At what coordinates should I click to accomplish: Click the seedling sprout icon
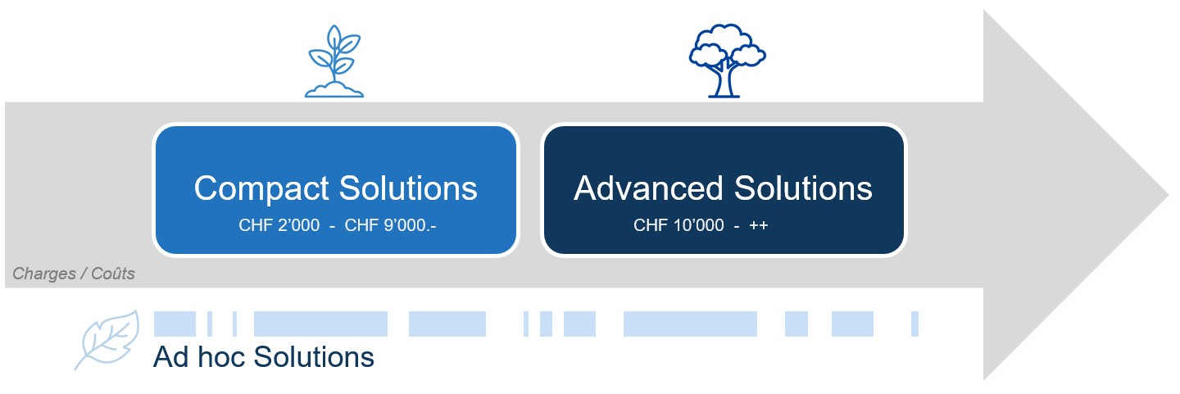(x=334, y=62)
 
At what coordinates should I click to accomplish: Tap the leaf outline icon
(x=108, y=338)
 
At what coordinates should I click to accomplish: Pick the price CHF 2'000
(x=279, y=225)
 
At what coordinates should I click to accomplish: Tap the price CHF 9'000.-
(x=390, y=225)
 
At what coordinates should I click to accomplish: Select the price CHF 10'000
(x=678, y=225)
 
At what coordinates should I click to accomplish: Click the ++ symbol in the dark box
(x=758, y=225)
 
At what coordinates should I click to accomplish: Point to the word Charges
(x=43, y=274)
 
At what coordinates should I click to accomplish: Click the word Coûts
(x=112, y=274)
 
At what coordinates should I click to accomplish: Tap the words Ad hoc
(x=199, y=357)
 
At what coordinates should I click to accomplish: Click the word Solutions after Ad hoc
(x=314, y=357)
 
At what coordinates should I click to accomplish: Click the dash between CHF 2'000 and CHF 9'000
(x=332, y=225)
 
